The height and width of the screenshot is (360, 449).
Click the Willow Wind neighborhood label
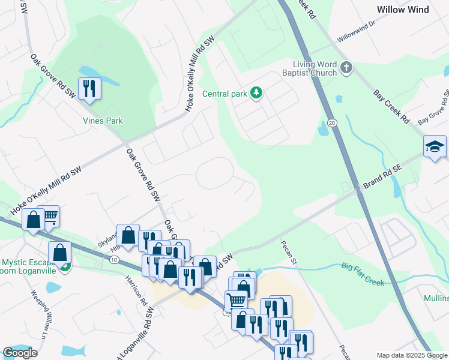(411, 10)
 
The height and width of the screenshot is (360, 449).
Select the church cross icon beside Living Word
(346, 68)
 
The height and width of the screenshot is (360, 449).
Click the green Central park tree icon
(256, 93)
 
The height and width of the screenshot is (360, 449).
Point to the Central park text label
(225, 94)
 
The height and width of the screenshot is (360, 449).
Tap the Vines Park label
(103, 121)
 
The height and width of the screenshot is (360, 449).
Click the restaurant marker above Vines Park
(89, 89)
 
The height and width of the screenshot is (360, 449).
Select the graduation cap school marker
(435, 146)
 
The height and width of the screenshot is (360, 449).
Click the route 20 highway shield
(332, 123)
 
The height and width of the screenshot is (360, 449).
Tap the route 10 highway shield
(114, 259)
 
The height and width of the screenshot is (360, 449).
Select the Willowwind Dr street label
(355, 30)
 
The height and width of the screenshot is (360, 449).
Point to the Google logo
(20, 353)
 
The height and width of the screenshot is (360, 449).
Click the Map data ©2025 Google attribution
(411, 355)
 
